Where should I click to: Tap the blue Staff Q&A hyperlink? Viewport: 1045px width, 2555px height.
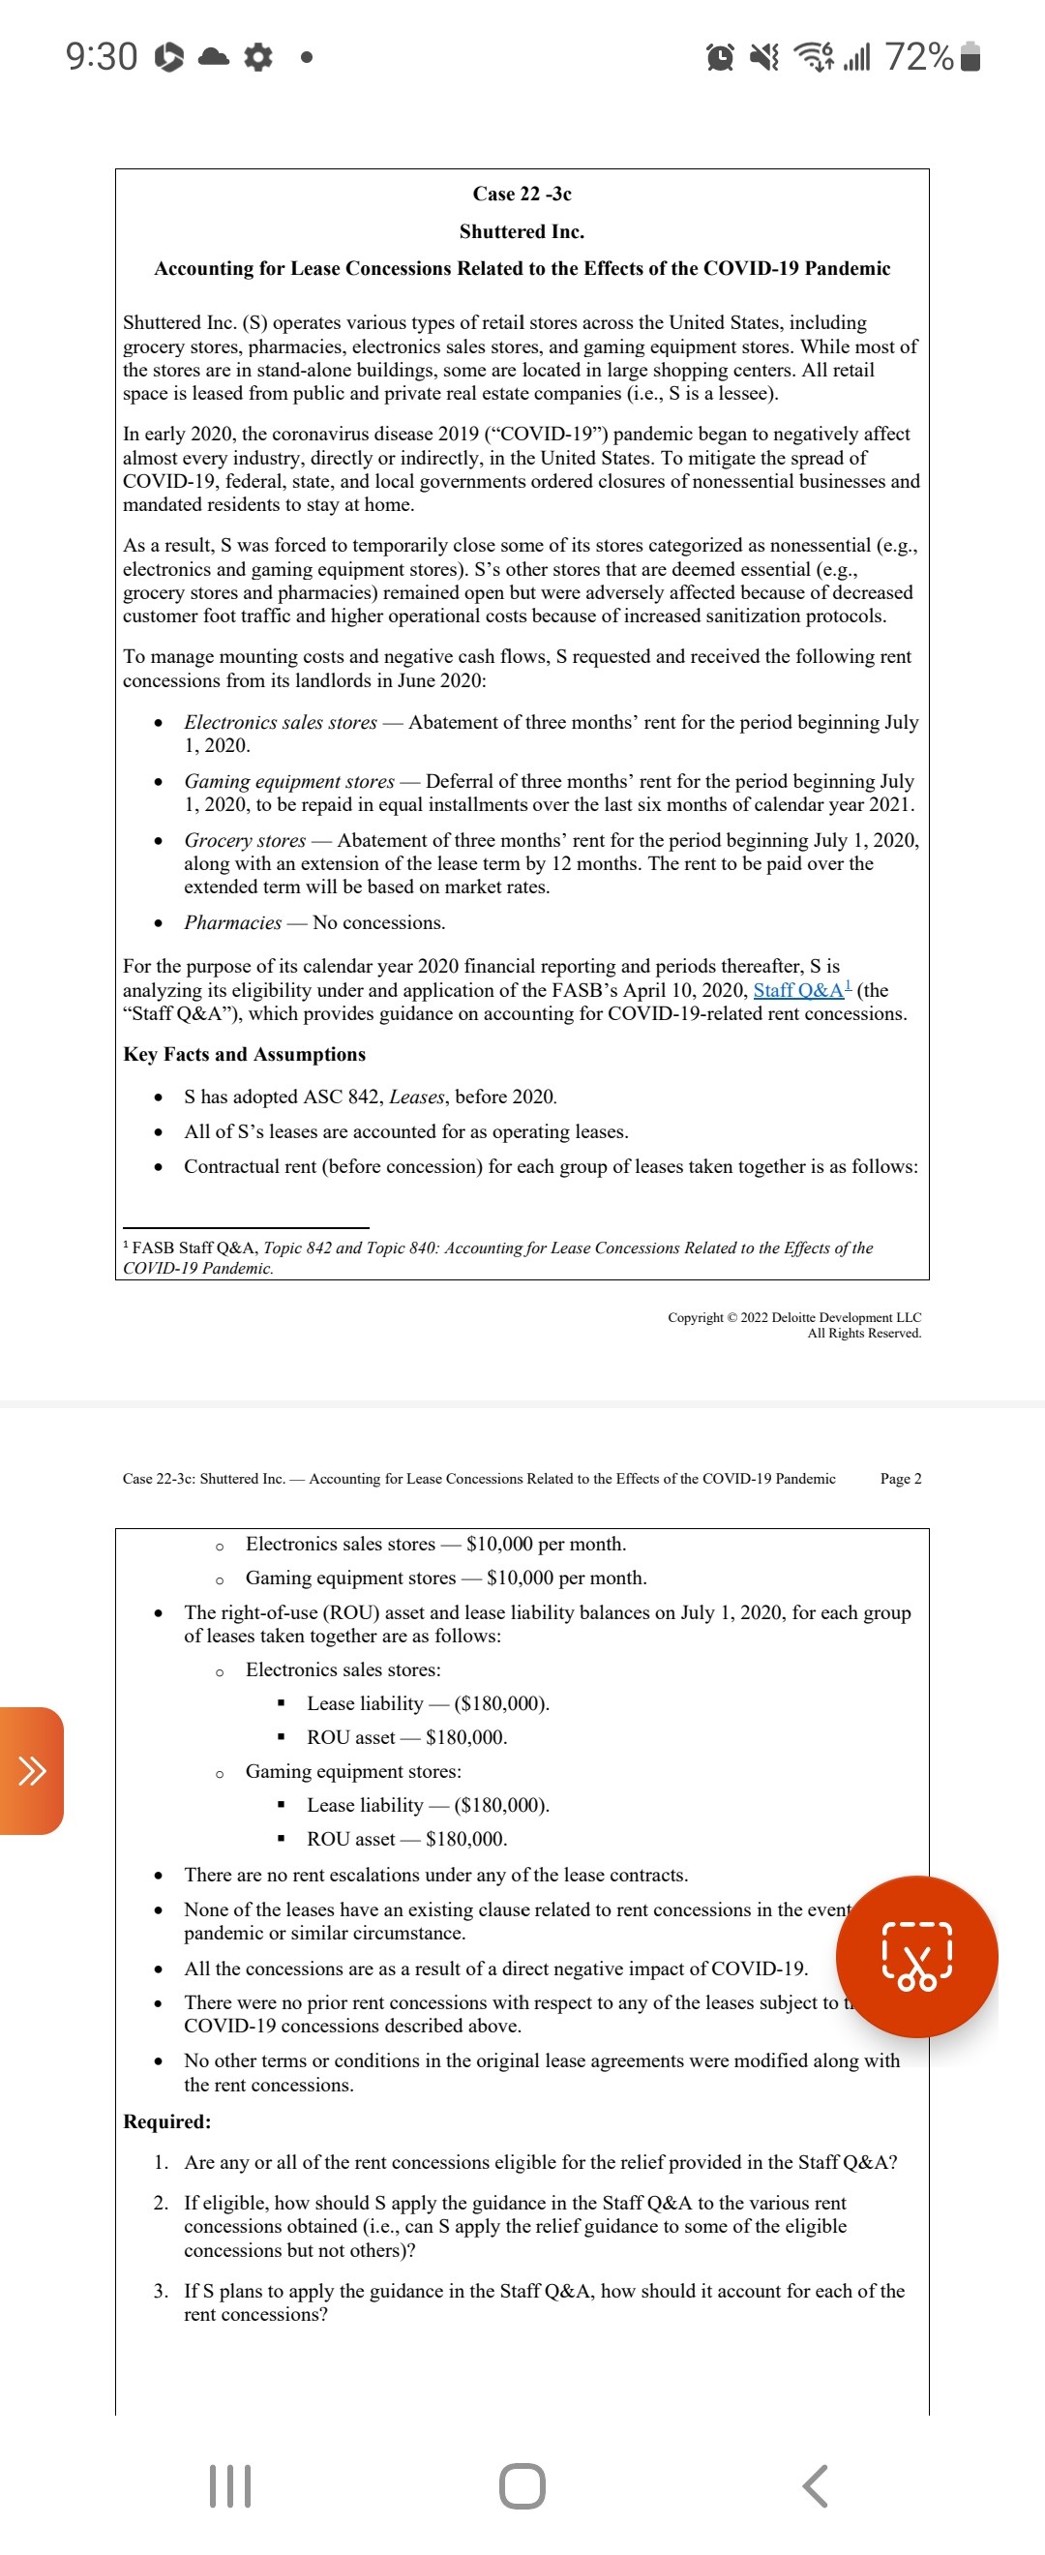(x=799, y=990)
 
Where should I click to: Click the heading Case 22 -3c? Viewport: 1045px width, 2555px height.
(x=522, y=194)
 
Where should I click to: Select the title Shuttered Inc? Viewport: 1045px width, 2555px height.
(x=522, y=231)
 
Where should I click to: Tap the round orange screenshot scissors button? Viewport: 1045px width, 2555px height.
(x=916, y=1956)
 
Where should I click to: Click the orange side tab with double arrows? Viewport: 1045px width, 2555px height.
(x=32, y=1770)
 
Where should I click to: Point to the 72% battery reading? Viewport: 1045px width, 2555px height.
(x=919, y=56)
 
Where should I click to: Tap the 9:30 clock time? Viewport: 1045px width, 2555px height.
(x=102, y=56)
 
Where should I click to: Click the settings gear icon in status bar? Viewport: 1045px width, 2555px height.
(x=257, y=56)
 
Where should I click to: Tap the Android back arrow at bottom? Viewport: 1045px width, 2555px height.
(x=814, y=2485)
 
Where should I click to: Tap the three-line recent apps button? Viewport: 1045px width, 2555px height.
(x=230, y=2485)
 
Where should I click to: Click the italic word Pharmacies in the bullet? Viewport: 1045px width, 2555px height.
(x=233, y=922)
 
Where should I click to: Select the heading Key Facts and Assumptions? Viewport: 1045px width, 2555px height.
(x=244, y=1054)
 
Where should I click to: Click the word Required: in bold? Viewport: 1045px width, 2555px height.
(x=166, y=2121)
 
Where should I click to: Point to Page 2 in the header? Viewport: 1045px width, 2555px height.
(x=900, y=1479)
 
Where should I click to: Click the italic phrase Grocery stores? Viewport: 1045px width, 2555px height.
(x=245, y=840)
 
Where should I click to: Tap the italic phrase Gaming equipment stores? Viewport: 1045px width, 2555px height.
(x=289, y=782)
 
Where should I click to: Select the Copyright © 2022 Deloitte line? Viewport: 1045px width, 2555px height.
(x=794, y=1317)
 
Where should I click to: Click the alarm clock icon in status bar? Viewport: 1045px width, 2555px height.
(x=721, y=57)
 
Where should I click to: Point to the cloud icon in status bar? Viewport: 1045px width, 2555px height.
(x=213, y=56)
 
